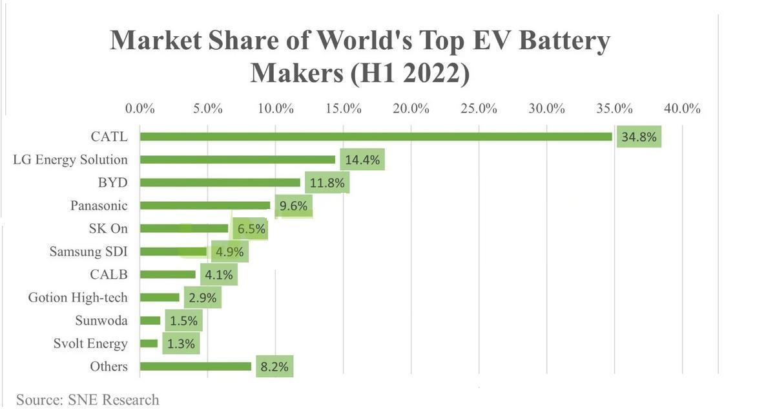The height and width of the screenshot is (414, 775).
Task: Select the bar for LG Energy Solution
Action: pyautogui.click(x=238, y=159)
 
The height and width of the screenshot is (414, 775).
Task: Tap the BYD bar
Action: pyautogui.click(x=220, y=182)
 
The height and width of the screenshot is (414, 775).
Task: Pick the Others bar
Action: pyautogui.click(x=195, y=366)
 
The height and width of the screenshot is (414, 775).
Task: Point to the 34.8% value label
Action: pyautogui.click(x=639, y=137)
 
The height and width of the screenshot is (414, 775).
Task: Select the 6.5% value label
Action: pyautogui.click(x=251, y=229)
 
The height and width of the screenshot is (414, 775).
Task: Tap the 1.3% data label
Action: pyautogui.click(x=181, y=344)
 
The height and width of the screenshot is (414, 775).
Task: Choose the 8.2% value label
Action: pyautogui.click(x=274, y=367)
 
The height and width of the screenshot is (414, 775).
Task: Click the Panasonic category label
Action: pyautogui.click(x=99, y=206)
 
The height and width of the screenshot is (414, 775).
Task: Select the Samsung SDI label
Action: pyautogui.click(x=88, y=252)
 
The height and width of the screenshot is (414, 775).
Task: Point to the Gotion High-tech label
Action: pyautogui.click(x=77, y=298)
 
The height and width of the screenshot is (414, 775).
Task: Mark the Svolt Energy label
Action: pyautogui.click(x=90, y=343)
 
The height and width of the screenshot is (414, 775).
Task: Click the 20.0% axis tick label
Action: pyautogui.click(x=411, y=108)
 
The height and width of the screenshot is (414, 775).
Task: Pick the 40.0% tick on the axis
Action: pyautogui.click(x=682, y=108)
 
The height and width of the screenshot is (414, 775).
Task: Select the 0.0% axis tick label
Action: pyautogui.click(x=140, y=108)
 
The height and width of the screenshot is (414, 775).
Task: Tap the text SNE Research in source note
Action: pyautogui.click(x=113, y=399)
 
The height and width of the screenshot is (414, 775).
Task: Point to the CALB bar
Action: pyautogui.click(x=168, y=274)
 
